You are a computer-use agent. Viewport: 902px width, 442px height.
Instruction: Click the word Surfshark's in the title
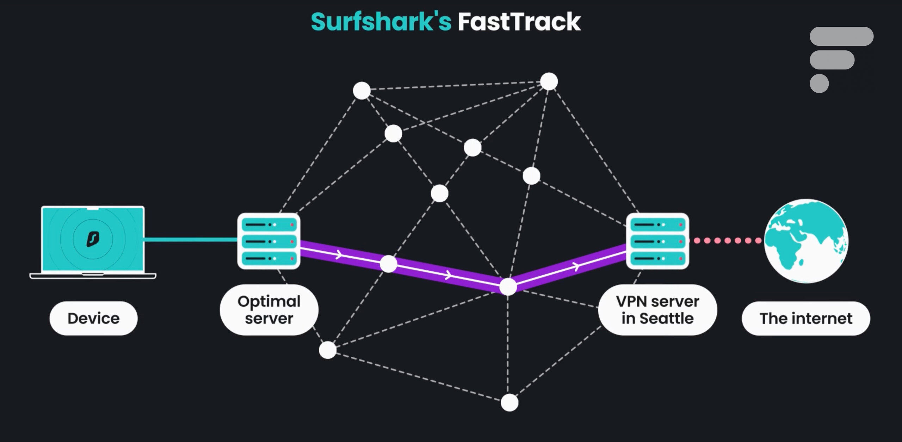click(381, 22)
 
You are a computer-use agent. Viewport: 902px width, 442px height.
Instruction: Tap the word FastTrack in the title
click(519, 22)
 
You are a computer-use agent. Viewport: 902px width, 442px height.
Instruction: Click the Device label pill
click(93, 318)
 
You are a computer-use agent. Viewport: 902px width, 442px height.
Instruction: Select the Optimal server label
click(269, 310)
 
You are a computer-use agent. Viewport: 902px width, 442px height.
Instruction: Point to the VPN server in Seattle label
click(657, 310)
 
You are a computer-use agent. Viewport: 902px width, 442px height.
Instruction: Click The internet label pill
click(806, 318)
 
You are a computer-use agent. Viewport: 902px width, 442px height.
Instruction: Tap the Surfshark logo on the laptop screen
click(93, 239)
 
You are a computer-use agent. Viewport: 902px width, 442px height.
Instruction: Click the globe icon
click(806, 241)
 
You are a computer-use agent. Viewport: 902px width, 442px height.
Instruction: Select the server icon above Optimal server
click(269, 241)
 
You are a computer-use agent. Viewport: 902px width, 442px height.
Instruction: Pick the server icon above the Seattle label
click(657, 241)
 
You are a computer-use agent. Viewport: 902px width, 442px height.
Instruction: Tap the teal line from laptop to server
click(191, 240)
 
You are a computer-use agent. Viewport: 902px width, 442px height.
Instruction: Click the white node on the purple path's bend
click(508, 287)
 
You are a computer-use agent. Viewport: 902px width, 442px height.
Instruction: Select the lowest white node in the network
click(509, 403)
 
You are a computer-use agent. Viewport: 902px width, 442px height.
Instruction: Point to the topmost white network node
click(549, 82)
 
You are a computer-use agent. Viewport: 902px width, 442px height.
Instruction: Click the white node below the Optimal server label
click(328, 350)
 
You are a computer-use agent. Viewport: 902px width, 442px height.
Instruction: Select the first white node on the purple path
click(388, 264)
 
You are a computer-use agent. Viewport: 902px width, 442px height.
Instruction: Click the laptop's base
click(93, 276)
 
